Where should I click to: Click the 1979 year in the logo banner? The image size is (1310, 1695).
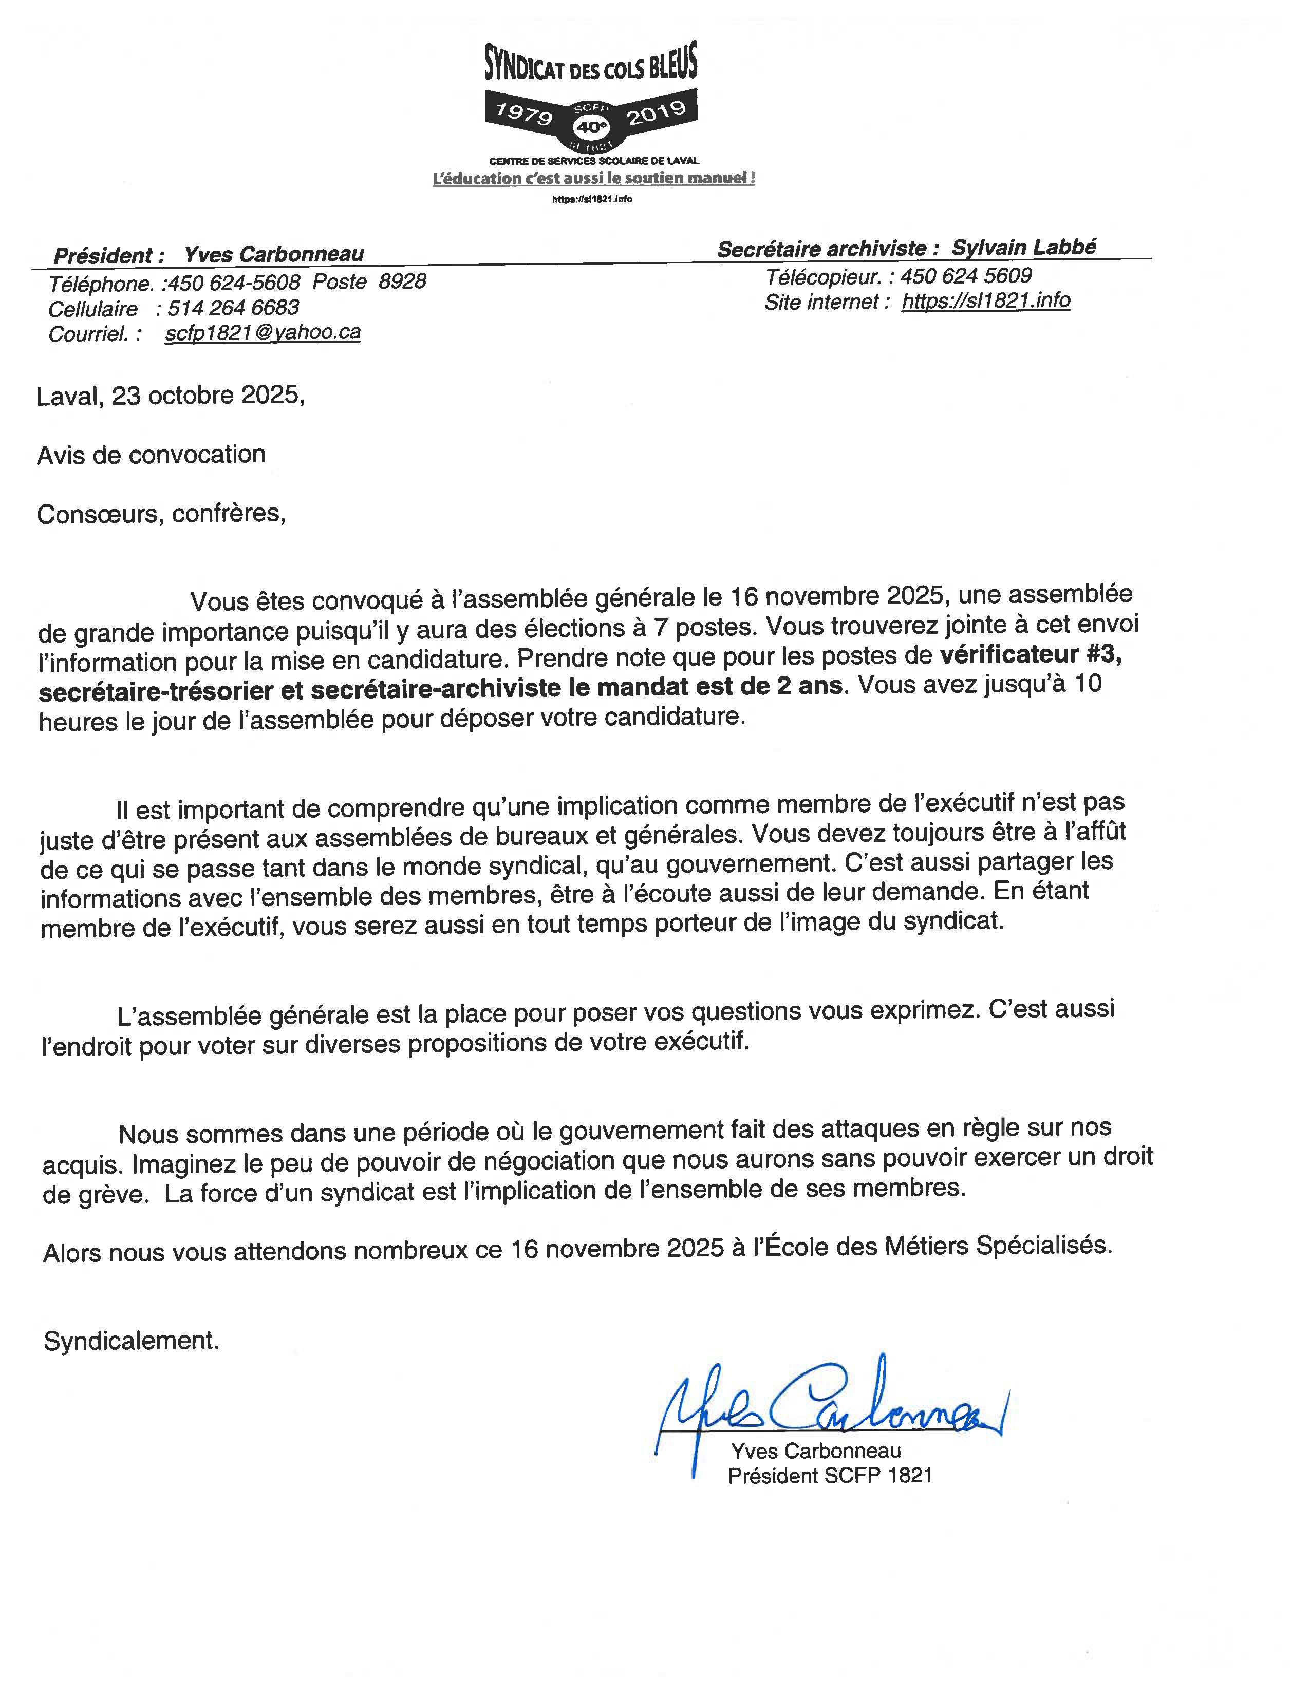[x=524, y=114]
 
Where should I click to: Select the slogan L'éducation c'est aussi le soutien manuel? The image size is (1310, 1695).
[x=594, y=179]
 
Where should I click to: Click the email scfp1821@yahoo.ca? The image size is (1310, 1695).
[x=263, y=333]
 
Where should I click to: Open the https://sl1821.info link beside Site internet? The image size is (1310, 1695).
[x=986, y=301]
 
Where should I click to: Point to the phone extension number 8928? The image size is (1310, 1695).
[x=402, y=281]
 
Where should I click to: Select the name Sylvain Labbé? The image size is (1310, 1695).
[x=1024, y=248]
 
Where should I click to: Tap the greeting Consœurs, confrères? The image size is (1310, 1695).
[x=161, y=514]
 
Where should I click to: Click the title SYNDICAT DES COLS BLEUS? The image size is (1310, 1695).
[x=591, y=64]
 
